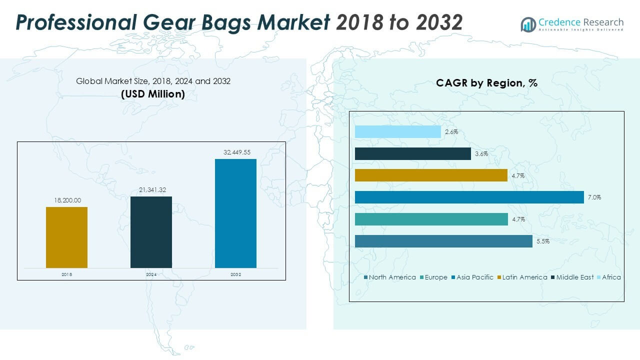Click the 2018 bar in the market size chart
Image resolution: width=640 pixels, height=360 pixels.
(66, 237)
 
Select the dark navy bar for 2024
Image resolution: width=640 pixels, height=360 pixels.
(151, 232)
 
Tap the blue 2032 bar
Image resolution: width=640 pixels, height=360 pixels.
(235, 213)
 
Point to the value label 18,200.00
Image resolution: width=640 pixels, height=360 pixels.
(66, 200)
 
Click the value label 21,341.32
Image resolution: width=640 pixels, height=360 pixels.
(151, 190)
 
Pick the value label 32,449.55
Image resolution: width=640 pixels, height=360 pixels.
(235, 152)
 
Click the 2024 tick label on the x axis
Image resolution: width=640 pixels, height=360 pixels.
(151, 274)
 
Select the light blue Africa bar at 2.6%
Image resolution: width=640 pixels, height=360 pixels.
(398, 131)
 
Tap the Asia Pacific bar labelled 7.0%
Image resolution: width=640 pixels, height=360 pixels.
(469, 197)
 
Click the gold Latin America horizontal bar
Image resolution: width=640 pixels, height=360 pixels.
(431, 175)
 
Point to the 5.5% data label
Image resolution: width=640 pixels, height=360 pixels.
(543, 241)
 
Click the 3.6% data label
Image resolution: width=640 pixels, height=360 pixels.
(481, 153)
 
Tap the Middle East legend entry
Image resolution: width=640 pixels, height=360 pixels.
(574, 277)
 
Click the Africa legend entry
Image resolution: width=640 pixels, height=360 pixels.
(611, 277)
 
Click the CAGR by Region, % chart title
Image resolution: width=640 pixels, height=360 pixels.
(486, 83)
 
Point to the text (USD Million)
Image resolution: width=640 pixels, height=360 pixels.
(153, 93)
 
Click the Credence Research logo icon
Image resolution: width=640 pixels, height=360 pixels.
(528, 24)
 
